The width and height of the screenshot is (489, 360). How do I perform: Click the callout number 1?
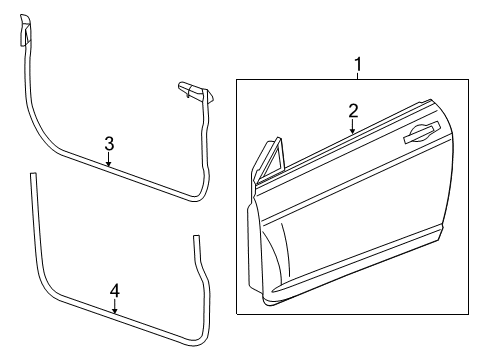pyautogui.click(x=358, y=67)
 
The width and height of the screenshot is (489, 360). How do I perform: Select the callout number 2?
pyautogui.click(x=352, y=110)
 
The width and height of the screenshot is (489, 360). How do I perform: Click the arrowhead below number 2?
pyautogui.click(x=352, y=132)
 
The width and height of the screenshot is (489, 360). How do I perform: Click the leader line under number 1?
pyautogui.click(x=358, y=80)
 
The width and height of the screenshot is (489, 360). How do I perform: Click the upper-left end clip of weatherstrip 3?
pyautogui.click(x=25, y=36)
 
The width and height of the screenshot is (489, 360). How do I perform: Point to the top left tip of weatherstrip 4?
pyautogui.click(x=33, y=177)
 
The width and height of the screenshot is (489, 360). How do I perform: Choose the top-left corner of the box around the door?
pyautogui.click(x=237, y=82)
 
